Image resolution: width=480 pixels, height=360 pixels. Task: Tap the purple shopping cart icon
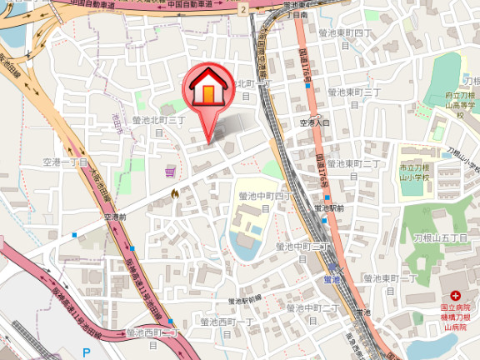coord(170,172)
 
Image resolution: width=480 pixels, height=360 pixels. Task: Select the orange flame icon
coord(174,194)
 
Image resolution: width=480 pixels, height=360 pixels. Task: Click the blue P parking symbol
coord(86,352)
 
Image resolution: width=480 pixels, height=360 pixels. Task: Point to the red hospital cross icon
coord(456,296)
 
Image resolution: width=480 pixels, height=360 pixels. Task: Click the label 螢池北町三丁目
coord(158,125)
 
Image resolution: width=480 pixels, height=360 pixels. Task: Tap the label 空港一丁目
coord(66,162)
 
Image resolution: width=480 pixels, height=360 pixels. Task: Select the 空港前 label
coord(115,217)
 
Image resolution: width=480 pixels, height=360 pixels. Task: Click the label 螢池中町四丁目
coord(265,201)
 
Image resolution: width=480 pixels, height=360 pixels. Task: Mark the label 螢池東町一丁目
coord(390,283)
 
